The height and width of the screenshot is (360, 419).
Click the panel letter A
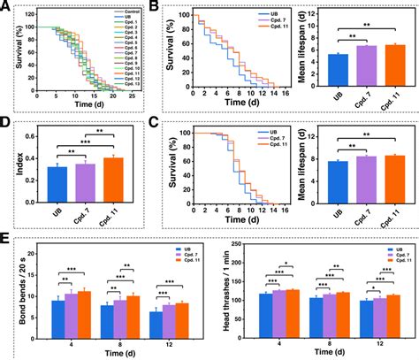click(x=7, y=8)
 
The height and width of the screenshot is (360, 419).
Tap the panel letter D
click(x=7, y=126)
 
